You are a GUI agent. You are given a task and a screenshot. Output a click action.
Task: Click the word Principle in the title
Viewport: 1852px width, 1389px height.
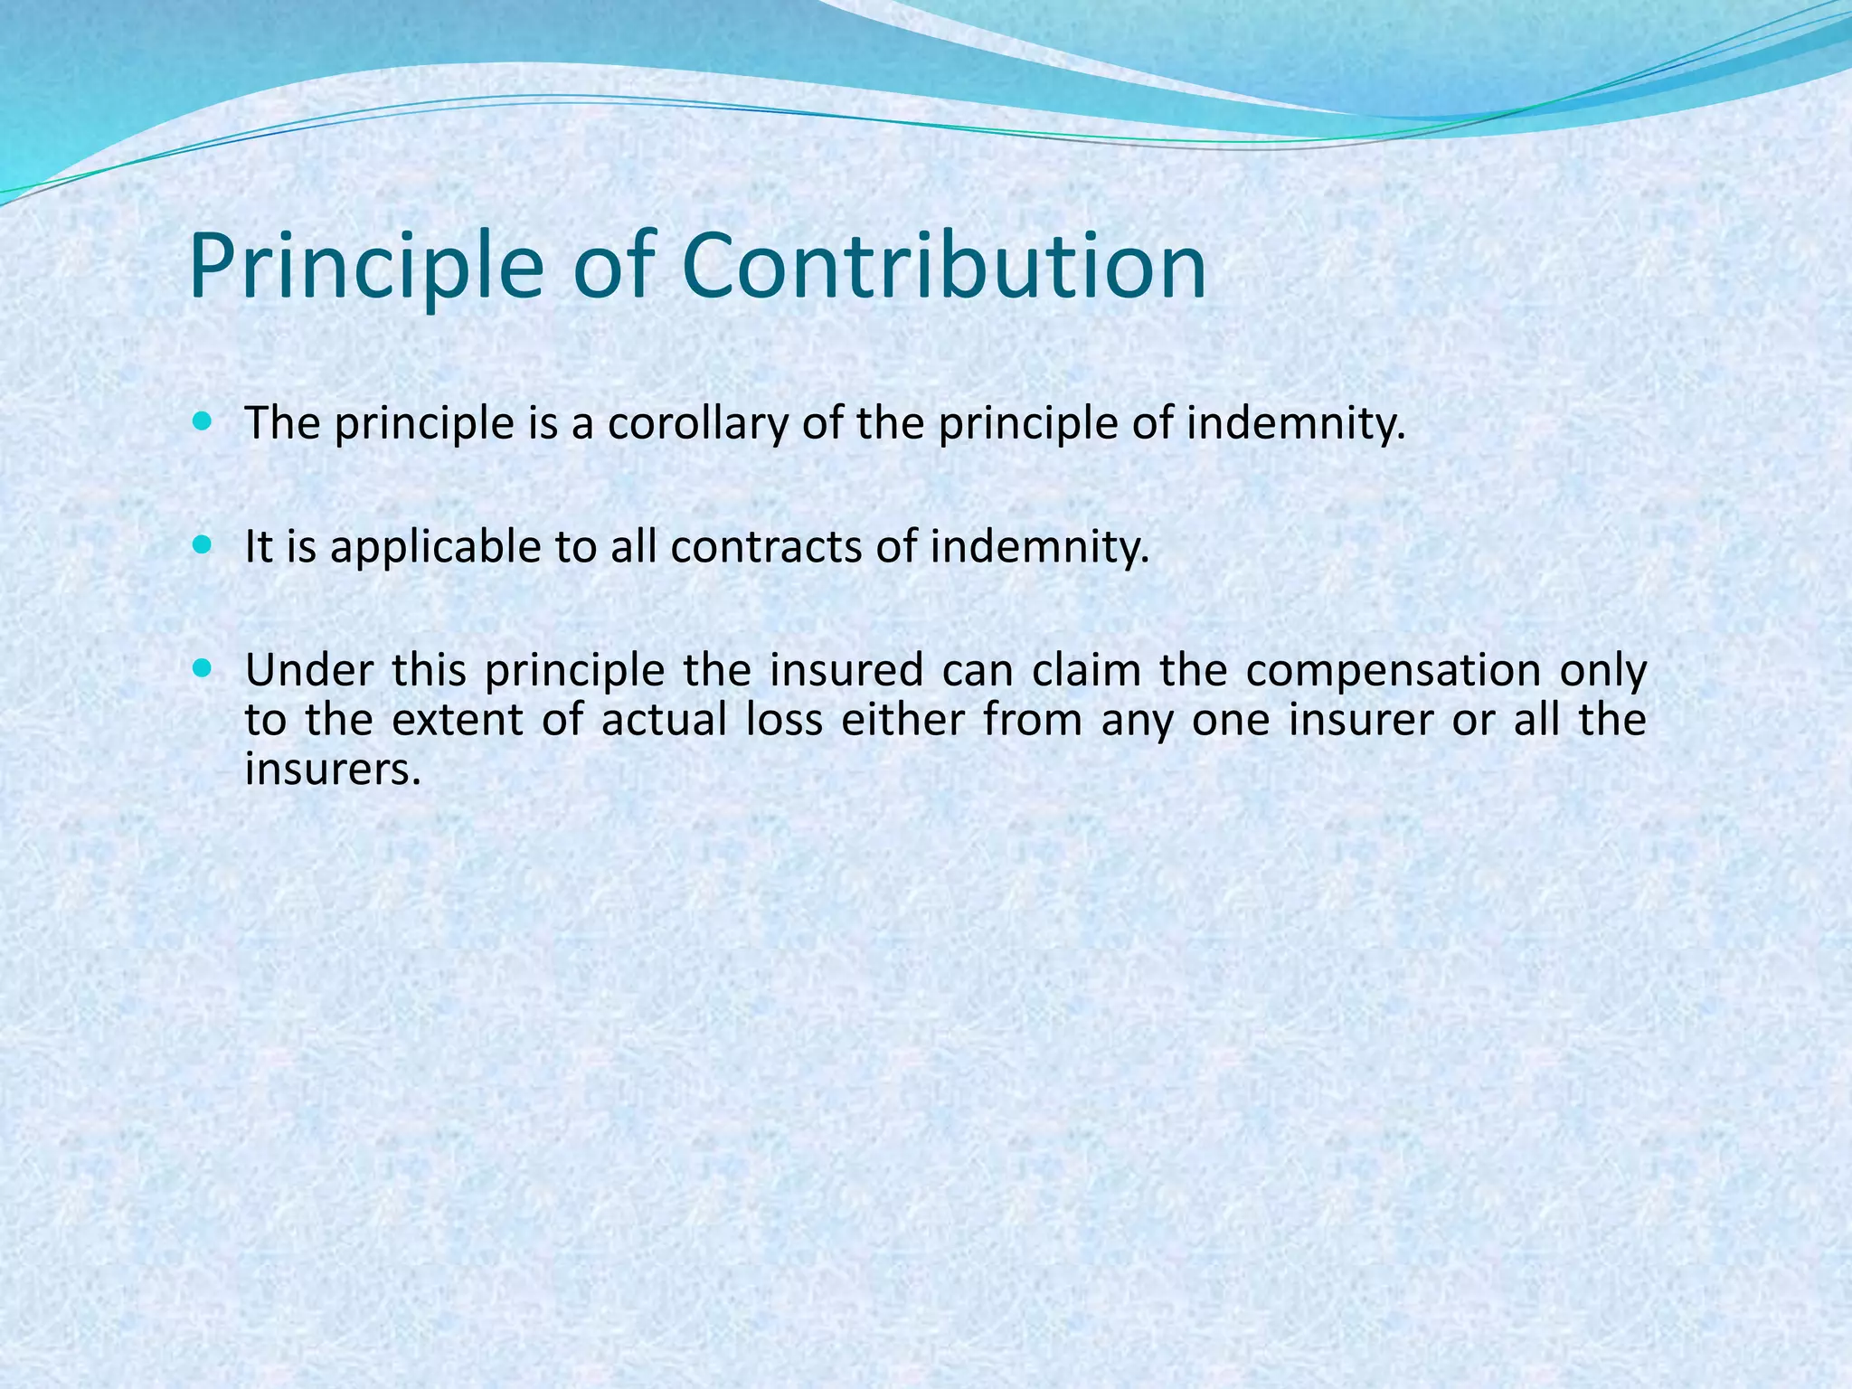pyautogui.click(x=366, y=266)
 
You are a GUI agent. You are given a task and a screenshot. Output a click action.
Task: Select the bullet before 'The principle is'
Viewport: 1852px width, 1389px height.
pyautogui.click(x=202, y=421)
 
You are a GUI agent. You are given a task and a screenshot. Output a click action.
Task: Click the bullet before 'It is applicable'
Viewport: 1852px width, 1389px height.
pyautogui.click(x=202, y=545)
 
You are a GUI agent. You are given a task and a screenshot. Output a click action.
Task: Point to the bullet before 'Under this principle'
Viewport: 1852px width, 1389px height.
pyautogui.click(x=202, y=669)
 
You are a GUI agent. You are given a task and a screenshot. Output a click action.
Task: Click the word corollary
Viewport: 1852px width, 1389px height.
pyautogui.click(x=697, y=423)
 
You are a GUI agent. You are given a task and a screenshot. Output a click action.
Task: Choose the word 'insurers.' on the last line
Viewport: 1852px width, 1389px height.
pyautogui.click(x=334, y=770)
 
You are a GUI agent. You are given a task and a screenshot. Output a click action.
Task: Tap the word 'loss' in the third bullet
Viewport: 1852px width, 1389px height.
pyautogui.click(x=785, y=721)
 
